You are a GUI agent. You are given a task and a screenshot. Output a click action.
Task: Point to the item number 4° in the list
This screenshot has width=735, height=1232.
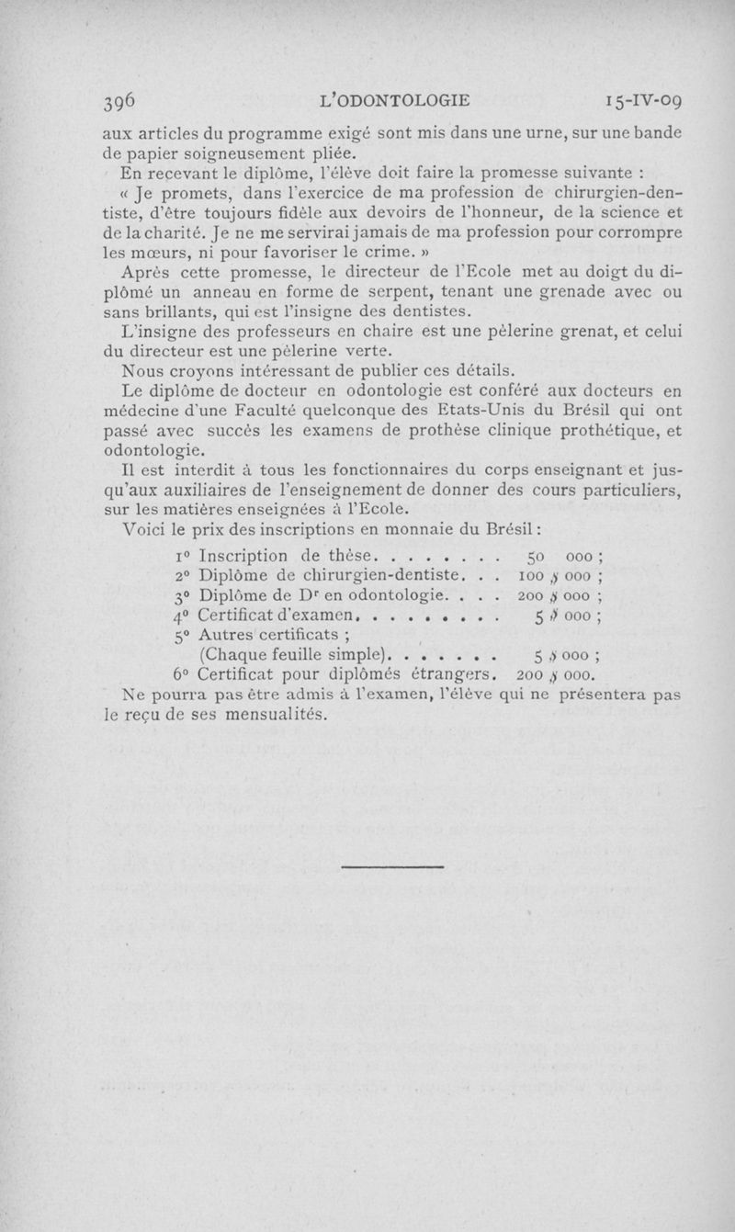[181, 616]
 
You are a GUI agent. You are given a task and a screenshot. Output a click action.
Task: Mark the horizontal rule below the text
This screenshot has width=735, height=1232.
[392, 866]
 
